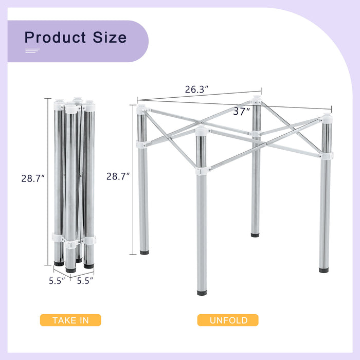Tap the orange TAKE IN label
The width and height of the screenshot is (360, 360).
click(x=70, y=320)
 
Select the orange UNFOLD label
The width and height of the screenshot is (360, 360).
click(x=228, y=320)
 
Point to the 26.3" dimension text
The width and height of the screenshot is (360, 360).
click(x=196, y=89)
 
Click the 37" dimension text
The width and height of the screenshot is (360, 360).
click(x=241, y=111)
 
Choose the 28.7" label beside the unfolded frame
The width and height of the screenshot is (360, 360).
click(x=118, y=176)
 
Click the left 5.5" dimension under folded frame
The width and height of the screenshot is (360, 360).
click(x=57, y=281)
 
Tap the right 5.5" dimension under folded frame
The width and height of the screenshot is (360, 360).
click(x=85, y=281)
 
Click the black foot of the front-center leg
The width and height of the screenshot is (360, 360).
click(x=201, y=293)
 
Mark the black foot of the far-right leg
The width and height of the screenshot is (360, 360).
click(x=323, y=269)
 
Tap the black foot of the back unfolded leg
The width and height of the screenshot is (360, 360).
click(x=255, y=235)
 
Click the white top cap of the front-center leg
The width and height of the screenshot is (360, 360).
click(x=201, y=130)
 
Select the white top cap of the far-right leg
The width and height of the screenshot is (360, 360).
click(x=325, y=119)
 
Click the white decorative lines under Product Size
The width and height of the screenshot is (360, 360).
click(x=32, y=50)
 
